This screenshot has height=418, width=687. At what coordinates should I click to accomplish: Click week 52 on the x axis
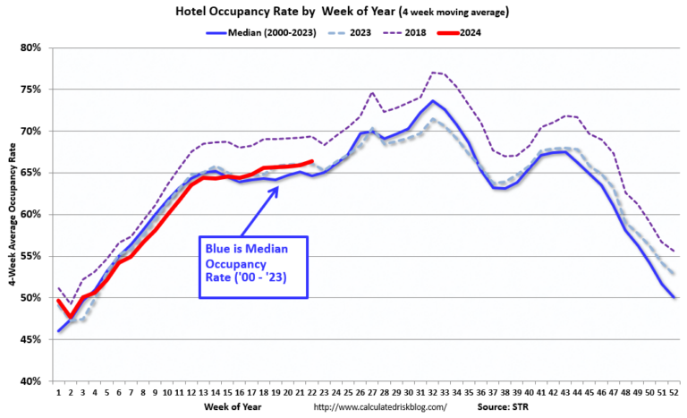(x=673, y=392)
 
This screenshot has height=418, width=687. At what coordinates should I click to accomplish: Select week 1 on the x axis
(x=59, y=392)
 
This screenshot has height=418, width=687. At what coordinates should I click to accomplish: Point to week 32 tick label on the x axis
(x=432, y=392)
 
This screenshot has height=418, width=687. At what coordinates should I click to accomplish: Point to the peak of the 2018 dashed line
(x=432, y=72)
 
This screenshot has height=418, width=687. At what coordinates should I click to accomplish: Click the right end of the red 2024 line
(x=311, y=161)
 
